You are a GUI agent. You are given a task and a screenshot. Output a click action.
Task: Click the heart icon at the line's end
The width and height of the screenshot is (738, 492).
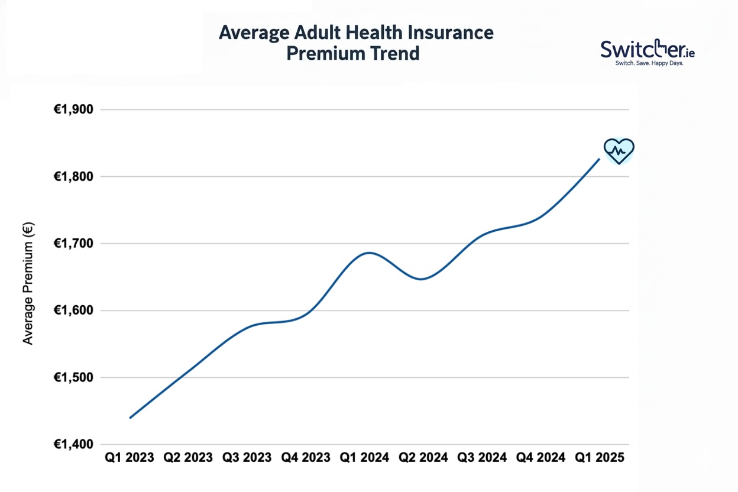619,151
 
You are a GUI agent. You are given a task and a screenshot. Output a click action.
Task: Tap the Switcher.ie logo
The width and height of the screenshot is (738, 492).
648,53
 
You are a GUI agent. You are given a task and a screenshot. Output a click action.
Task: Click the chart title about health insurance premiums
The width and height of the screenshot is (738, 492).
355,43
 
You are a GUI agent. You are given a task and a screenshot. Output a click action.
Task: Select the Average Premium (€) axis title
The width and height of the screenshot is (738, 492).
28,283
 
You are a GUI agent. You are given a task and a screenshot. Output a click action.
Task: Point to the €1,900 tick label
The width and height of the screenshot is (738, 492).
77,109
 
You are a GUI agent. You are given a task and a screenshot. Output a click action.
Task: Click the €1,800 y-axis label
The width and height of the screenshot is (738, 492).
77,176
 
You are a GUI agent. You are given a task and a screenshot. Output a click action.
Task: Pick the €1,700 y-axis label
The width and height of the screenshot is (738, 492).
77,243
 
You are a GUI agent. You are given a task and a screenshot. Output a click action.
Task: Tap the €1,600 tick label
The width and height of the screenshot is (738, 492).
77,310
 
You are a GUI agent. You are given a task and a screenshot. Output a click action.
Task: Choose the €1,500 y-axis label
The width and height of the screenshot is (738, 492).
77,377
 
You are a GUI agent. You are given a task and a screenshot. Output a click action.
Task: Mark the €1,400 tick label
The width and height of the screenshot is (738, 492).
77,444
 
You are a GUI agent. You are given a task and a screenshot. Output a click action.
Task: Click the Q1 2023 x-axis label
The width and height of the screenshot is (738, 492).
130,458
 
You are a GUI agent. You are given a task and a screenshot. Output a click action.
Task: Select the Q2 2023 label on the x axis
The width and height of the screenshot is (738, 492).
188,458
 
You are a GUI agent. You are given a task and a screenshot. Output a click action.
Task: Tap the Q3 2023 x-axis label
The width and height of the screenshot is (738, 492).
247,458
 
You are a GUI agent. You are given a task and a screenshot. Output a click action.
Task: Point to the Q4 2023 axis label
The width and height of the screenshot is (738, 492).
306,458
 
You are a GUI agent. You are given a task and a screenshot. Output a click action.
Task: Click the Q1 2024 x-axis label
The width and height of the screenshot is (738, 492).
364,458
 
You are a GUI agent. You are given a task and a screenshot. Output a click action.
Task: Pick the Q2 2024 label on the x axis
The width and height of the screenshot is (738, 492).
423,458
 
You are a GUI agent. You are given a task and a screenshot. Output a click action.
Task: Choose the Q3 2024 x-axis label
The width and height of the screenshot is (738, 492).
482,458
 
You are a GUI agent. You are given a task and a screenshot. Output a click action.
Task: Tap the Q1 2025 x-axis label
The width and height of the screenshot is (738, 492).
599,458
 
